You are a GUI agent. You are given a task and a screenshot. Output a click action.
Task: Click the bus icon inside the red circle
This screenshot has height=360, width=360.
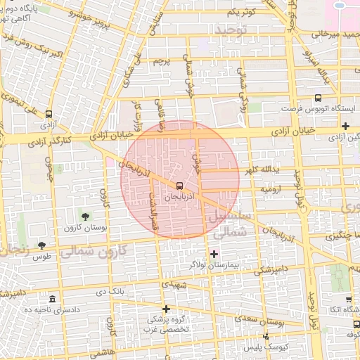coord(179,186)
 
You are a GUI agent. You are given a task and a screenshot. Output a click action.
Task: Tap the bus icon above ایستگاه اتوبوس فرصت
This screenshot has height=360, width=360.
coord(319,98)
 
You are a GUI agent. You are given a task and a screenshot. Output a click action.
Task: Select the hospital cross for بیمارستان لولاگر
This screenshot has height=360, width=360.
coord(214,253)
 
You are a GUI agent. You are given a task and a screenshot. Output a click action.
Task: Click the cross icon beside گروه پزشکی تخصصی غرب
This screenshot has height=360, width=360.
coord(166,309)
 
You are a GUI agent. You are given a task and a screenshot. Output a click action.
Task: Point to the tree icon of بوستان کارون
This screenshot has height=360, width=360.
coord(85,216)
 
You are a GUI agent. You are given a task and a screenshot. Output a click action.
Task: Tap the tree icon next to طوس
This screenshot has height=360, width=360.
coord(41,245)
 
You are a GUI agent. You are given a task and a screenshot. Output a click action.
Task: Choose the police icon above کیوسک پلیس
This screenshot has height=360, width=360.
coord(265,337)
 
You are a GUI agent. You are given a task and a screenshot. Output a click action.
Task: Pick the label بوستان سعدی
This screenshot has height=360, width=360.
coord(266,321)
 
